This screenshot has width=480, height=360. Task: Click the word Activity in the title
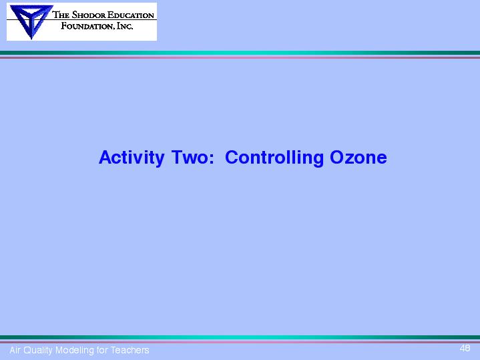pos(132,158)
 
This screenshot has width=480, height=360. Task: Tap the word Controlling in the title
pos(274,158)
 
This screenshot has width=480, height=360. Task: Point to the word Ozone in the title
pos(358,157)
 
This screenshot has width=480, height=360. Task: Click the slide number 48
pos(465,348)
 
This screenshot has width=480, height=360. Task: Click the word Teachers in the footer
pos(130,350)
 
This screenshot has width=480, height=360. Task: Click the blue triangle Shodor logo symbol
pos(31,21)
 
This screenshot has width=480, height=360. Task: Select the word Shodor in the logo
pos(89,15)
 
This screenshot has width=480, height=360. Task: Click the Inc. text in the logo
pos(125,26)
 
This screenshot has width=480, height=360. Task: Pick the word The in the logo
pos(61,15)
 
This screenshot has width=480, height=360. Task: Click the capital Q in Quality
pos(27,350)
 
